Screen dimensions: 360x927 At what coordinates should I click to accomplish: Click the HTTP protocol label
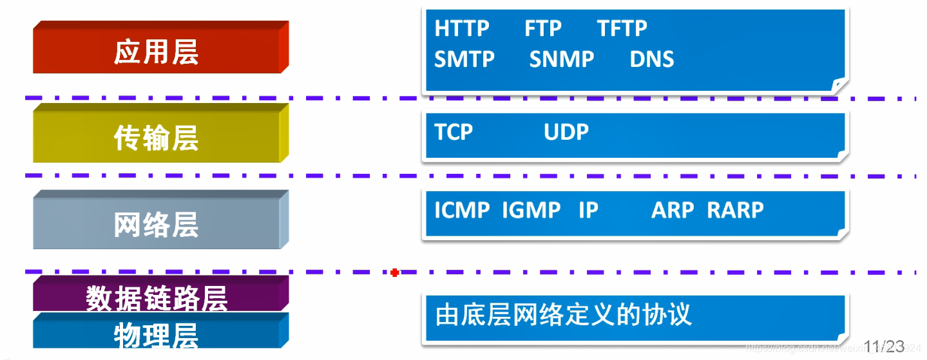pyautogui.click(x=462, y=29)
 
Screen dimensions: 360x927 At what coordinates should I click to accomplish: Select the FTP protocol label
pyautogui.click(x=543, y=29)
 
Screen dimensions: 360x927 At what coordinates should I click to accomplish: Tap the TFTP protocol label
pyautogui.click(x=622, y=29)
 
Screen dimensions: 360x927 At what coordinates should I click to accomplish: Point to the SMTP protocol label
pyautogui.click(x=464, y=59)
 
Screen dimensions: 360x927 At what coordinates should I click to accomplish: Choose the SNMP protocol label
pyautogui.click(x=562, y=59)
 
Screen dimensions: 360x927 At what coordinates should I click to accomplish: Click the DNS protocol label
pyautogui.click(x=652, y=59)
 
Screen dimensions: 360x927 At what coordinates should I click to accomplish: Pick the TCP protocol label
pyautogui.click(x=454, y=132)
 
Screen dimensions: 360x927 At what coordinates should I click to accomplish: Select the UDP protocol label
pyautogui.click(x=566, y=132)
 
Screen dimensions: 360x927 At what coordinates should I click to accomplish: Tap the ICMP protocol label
pyautogui.click(x=462, y=210)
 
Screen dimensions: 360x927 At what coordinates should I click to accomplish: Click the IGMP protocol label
pyautogui.click(x=531, y=210)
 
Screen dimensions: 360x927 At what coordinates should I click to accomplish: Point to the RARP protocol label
pyautogui.click(x=735, y=210)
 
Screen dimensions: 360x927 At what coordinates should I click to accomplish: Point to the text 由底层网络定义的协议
pyautogui.click(x=564, y=315)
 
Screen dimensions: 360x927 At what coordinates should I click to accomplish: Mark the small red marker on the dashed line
pyautogui.click(x=395, y=273)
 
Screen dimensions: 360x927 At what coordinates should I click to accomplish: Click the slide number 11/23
pyautogui.click(x=884, y=346)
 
